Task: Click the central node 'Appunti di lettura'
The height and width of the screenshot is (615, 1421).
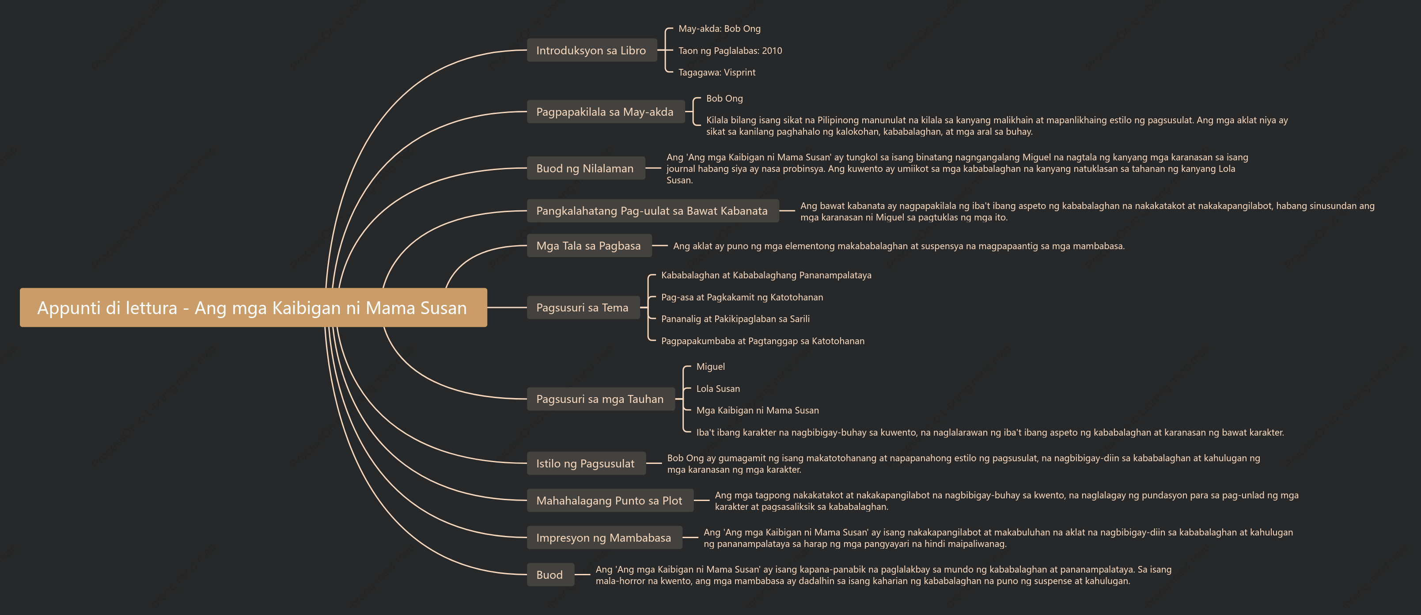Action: (253, 307)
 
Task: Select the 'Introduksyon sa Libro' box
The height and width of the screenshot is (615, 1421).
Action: (592, 50)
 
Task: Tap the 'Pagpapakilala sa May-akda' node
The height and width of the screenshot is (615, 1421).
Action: (606, 112)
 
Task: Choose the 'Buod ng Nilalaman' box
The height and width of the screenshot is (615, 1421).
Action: (586, 168)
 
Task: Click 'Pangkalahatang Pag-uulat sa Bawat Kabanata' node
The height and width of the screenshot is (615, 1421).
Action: (652, 211)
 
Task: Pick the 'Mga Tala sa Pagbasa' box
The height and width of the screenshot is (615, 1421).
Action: (589, 246)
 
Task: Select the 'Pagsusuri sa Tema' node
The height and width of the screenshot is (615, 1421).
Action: (583, 307)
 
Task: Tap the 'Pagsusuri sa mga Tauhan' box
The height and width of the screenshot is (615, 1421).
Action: (601, 399)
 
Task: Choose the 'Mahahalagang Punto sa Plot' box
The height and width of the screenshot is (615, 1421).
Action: (610, 500)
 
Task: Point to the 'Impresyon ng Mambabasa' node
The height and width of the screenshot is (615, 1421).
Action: (605, 537)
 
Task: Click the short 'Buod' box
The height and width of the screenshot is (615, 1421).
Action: (550, 574)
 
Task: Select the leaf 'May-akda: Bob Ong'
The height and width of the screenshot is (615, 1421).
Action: (719, 29)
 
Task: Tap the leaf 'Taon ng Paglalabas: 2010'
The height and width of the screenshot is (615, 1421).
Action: (730, 51)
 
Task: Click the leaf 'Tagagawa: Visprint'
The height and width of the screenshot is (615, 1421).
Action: (716, 72)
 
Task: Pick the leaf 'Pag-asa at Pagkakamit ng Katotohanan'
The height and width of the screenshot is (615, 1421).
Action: (742, 297)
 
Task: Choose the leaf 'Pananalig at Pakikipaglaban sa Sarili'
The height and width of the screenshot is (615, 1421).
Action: (735, 319)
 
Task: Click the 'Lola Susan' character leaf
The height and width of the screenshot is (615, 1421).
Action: (718, 389)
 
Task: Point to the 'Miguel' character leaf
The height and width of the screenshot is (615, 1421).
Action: (710, 367)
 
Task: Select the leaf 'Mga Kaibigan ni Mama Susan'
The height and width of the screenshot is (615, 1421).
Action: (758, 410)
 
